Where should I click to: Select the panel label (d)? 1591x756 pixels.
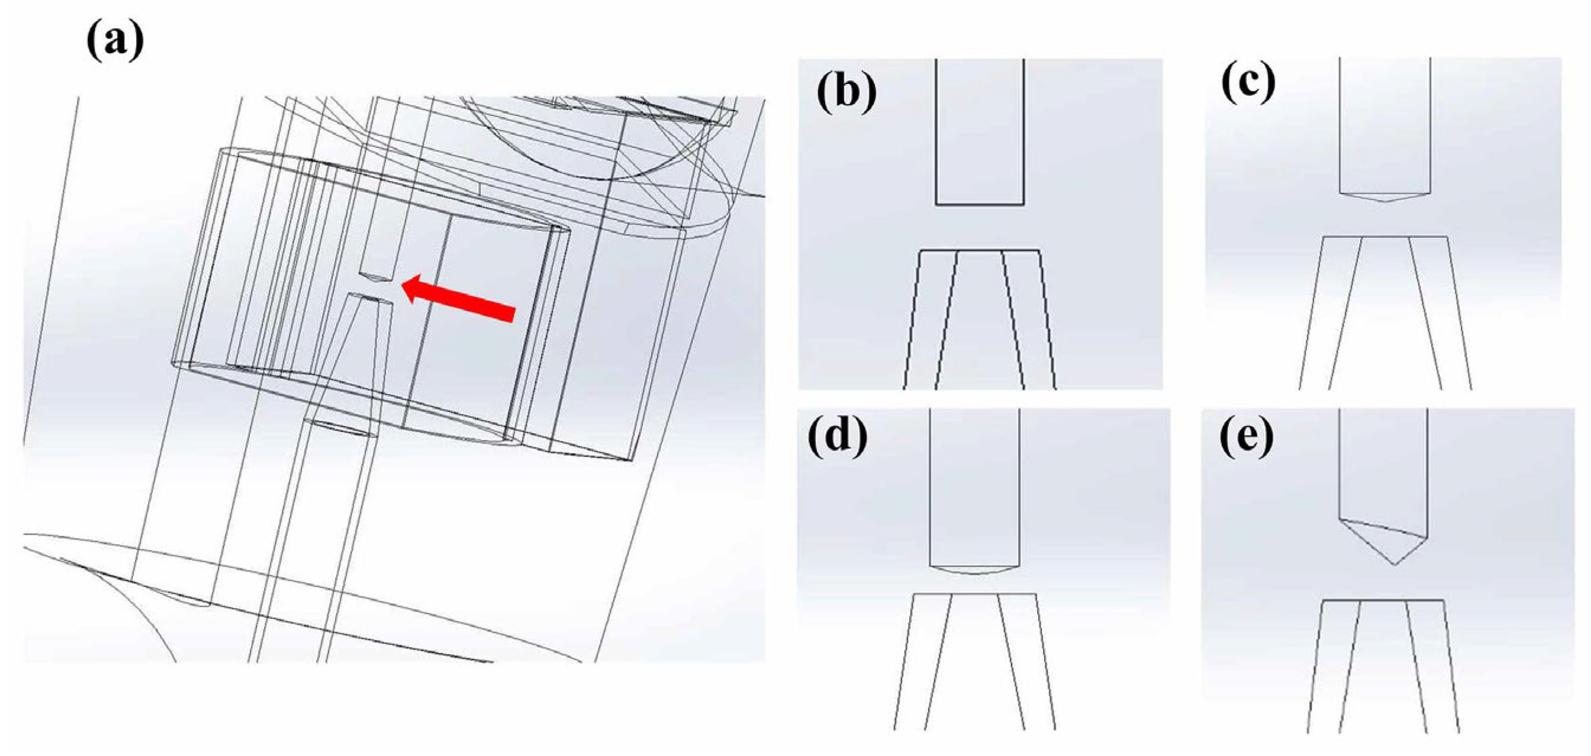[x=837, y=438]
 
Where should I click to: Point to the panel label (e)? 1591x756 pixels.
[x=1247, y=437]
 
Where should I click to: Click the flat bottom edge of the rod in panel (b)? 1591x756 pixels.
[x=980, y=204]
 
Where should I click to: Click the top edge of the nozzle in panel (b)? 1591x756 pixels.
[x=980, y=251]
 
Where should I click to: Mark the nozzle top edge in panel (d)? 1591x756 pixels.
[x=975, y=594]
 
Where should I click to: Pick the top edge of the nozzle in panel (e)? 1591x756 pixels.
[x=1383, y=600]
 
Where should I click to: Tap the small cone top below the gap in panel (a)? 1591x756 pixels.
[x=370, y=300]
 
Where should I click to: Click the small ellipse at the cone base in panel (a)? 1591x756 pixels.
[x=342, y=427]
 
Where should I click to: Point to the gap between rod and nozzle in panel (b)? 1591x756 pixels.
[x=980, y=227]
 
